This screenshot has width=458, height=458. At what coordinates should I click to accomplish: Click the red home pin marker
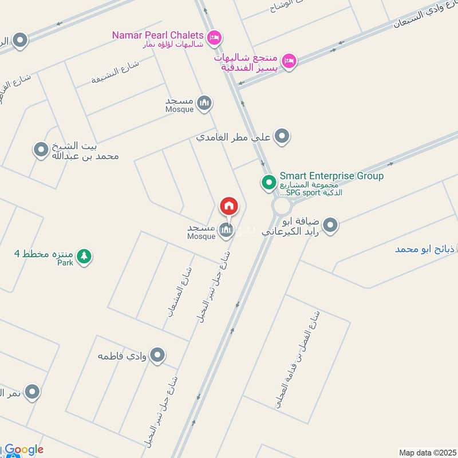coord(229,206)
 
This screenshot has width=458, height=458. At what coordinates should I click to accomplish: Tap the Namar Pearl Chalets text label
coord(158,35)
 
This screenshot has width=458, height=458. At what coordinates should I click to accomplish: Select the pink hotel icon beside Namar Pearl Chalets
coord(215,37)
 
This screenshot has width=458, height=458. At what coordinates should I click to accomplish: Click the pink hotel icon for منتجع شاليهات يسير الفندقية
coord(290,60)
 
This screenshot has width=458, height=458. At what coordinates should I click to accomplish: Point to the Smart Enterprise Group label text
coord(331,176)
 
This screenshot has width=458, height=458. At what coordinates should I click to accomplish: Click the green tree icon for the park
coord(84,256)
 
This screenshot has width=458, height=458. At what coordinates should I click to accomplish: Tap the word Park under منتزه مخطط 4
coord(65,263)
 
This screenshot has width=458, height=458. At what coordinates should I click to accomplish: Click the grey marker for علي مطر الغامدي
coord(282,137)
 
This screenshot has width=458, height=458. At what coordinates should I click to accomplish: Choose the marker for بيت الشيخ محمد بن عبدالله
coord(41,151)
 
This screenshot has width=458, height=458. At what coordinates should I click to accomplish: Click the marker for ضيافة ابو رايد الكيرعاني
coord(330,226)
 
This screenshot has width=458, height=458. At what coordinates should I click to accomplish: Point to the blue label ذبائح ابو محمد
coord(426,249)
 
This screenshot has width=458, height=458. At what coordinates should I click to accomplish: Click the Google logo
coord(23,449)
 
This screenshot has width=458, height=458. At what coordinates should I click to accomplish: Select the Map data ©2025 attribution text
coord(427,452)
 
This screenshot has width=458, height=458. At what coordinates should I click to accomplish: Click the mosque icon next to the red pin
coord(226,230)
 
